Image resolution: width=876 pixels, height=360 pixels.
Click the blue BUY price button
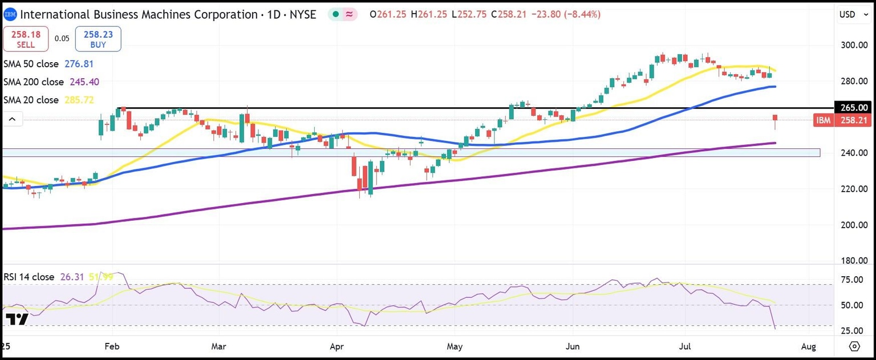click(98, 39)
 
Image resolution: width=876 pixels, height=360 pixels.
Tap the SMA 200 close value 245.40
click(83, 82)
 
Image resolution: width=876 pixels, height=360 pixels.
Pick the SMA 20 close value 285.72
click(78, 100)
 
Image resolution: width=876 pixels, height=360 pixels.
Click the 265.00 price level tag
click(854, 107)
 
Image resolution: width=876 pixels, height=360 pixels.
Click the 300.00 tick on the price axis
click(854, 45)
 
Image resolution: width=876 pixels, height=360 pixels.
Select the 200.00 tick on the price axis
click(854, 225)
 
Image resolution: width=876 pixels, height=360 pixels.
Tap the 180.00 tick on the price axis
click(854, 261)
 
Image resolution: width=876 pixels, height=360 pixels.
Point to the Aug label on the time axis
click(808, 346)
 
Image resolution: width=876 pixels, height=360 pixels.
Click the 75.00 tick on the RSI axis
click(854, 280)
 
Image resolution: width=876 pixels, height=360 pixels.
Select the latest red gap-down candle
click(775, 118)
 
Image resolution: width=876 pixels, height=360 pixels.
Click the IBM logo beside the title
click(10, 14)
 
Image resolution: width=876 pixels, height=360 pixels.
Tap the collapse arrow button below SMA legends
click(13, 119)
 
